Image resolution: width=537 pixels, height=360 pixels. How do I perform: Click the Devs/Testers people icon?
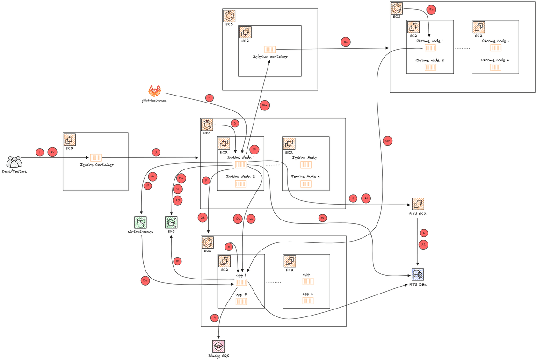tap(14, 162)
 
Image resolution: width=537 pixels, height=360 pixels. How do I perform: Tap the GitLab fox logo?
tap(154, 91)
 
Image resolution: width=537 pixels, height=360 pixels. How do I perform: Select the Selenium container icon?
tap(270, 49)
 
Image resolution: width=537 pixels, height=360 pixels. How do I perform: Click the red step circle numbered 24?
tap(52, 152)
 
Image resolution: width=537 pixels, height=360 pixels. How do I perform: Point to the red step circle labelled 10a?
tap(264, 106)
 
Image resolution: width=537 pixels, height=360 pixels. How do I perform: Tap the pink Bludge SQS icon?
tap(218, 346)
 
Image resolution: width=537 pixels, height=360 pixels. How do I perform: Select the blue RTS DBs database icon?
tap(417, 274)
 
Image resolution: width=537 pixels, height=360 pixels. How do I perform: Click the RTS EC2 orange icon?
tap(418, 204)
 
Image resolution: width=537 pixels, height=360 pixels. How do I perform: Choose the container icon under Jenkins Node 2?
tap(240, 184)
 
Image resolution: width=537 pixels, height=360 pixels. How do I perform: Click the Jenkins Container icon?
tap(96, 158)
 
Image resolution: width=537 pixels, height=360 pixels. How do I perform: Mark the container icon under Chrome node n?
tap(495, 67)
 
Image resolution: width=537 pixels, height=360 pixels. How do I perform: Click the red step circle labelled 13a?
tap(387, 140)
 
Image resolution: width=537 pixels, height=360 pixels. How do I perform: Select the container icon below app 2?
tap(241, 301)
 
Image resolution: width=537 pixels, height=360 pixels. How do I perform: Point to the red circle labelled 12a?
tap(431, 10)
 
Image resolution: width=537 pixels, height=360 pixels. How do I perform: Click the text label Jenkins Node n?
tap(306, 176)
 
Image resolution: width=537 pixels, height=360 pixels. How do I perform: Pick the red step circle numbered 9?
tap(215, 317)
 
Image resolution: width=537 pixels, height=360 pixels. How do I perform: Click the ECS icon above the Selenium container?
tap(229, 16)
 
